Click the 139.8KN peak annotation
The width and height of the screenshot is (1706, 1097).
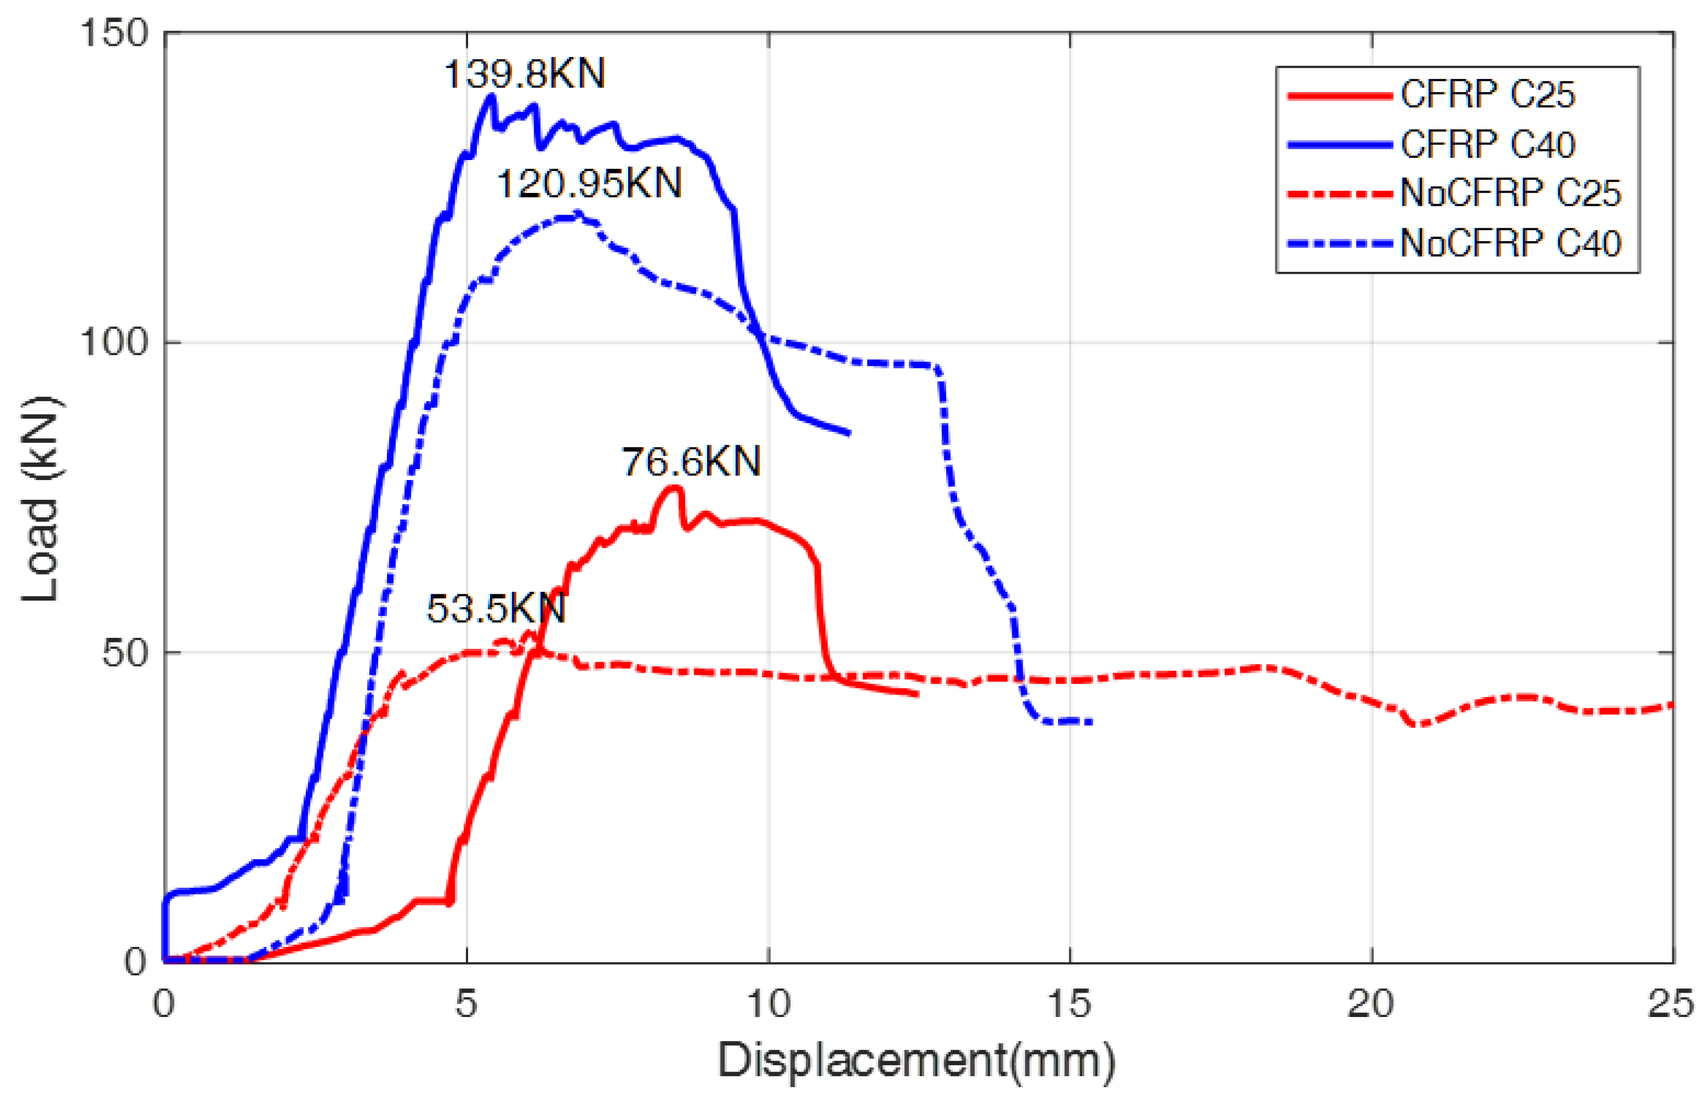pos(524,74)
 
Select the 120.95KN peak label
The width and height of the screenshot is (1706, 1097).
pos(589,184)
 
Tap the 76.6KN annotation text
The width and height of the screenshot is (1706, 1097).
pos(691,462)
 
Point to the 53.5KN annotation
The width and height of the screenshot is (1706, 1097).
pos(496,609)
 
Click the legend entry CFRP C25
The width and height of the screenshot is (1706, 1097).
pos(1487,95)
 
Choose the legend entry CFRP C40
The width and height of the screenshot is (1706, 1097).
pos(1487,144)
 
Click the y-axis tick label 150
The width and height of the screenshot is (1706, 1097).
pos(114,33)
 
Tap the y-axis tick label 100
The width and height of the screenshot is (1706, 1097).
pos(114,343)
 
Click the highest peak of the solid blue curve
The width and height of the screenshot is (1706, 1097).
pos(490,96)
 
